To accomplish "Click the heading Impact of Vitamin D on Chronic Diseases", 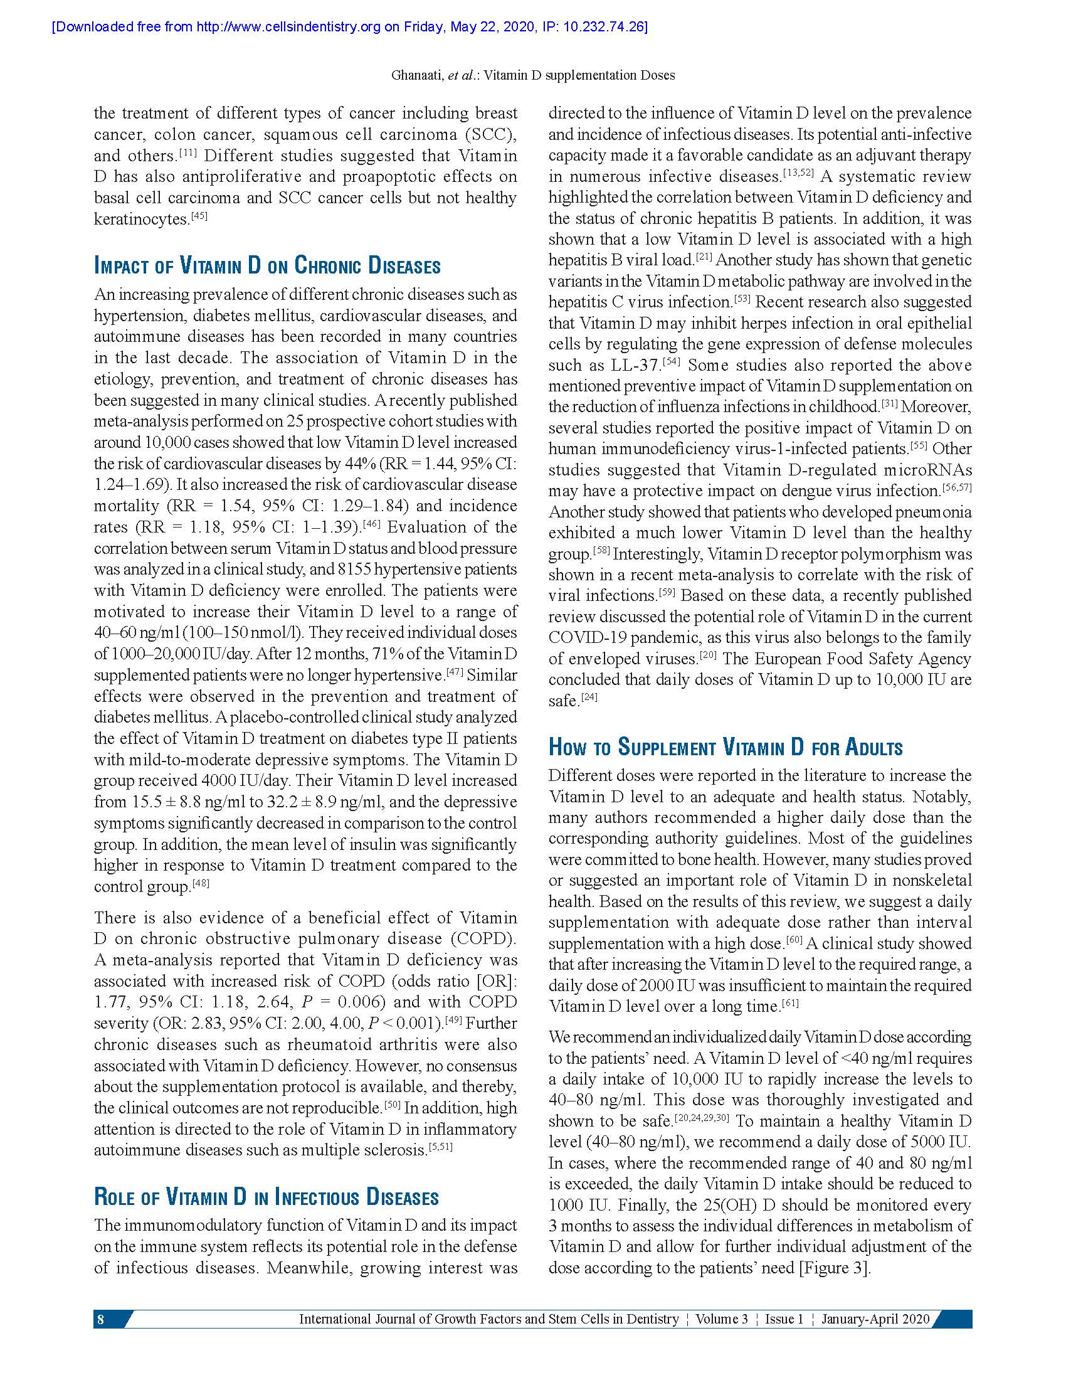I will (x=267, y=265).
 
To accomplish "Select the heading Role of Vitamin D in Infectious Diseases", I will (x=266, y=1197).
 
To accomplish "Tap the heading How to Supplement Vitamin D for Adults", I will (x=725, y=747).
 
